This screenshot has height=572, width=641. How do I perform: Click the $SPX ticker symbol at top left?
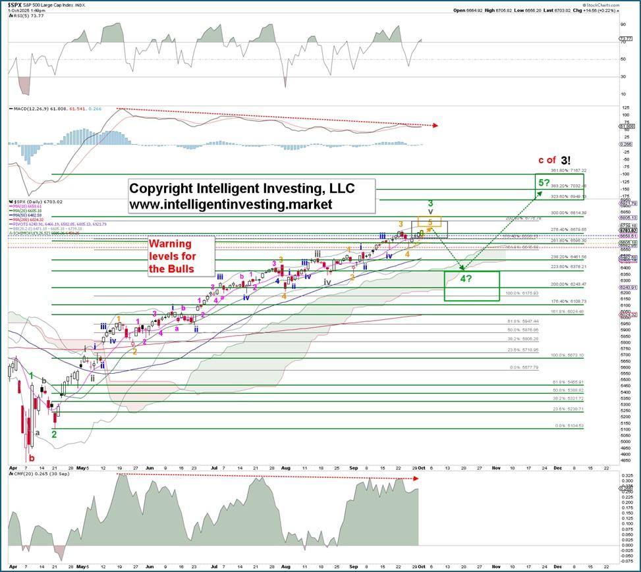(x=18, y=4)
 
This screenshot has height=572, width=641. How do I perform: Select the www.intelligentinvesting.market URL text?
(x=231, y=205)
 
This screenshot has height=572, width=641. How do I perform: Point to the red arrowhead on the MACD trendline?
(x=435, y=125)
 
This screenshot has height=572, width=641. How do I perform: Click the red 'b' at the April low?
(x=31, y=457)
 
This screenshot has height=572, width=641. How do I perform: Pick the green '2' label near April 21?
(x=55, y=434)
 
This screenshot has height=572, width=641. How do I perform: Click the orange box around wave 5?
(x=430, y=223)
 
